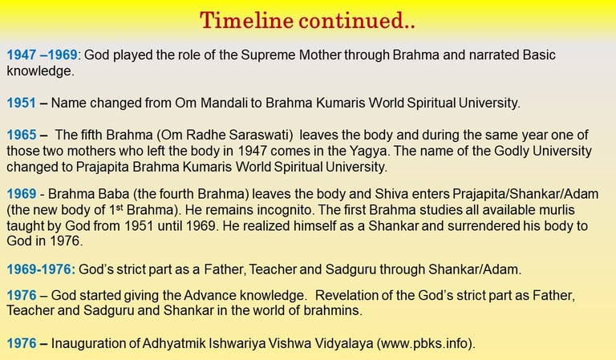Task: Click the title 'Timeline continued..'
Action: coord(307,20)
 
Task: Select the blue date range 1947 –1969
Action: coord(42,55)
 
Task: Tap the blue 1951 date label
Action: coord(21,103)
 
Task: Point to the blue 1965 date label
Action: coord(22,135)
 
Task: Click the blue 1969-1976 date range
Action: coord(41,269)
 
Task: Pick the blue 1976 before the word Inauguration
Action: coord(21,343)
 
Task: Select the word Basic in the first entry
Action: coord(539,55)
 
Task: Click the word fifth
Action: coord(91,135)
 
